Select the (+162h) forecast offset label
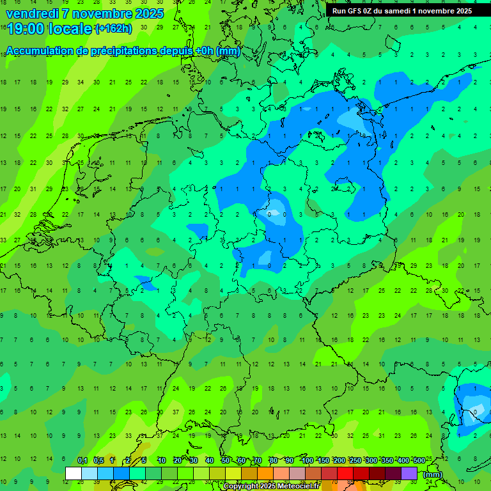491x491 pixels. point(113,29)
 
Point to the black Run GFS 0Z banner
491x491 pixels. point(402,10)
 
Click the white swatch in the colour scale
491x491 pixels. point(74,474)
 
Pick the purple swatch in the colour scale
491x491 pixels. point(409,474)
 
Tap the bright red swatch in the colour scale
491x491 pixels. point(345,474)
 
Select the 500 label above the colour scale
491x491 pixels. point(419,460)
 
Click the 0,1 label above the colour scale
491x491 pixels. point(82,460)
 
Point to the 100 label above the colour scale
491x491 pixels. point(308,460)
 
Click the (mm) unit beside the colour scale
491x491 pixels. point(433,474)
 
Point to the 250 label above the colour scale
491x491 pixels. point(355,460)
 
